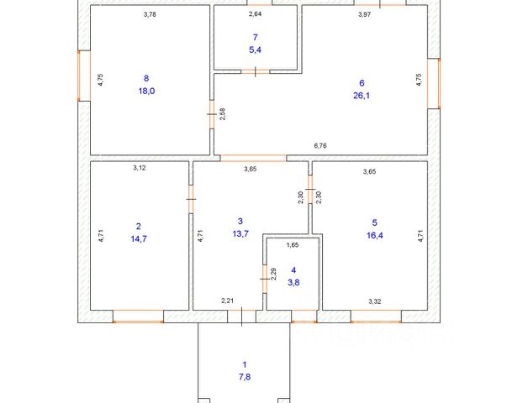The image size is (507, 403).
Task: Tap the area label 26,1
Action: pyautogui.click(x=361, y=96)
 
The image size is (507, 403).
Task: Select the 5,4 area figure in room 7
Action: pyautogui.click(x=255, y=50)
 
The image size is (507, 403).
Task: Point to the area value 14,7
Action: pyautogui.click(x=139, y=238)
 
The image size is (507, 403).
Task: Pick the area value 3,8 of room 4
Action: pyautogui.click(x=293, y=283)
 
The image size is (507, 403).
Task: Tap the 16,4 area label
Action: pyautogui.click(x=375, y=236)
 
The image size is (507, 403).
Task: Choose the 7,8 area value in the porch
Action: pyautogui.click(x=245, y=377)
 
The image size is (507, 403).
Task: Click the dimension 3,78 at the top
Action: pyautogui.click(x=151, y=14)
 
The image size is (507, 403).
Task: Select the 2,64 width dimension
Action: pyautogui.click(x=255, y=14)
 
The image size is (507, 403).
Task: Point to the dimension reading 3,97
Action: pyautogui.click(x=364, y=14)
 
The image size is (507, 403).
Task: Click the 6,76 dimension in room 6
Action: pyautogui.click(x=320, y=146)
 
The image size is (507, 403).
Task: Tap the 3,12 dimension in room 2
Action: pyautogui.click(x=140, y=168)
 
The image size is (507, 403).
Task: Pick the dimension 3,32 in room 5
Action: pyautogui.click(x=375, y=301)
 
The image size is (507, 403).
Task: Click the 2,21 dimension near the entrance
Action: pyautogui.click(x=227, y=301)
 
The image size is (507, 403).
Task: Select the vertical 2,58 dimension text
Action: pyautogui.click(x=222, y=115)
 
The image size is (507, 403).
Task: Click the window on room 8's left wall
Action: pyautogui.click(x=82, y=76)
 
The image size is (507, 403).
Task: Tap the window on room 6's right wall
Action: pyautogui.click(x=433, y=83)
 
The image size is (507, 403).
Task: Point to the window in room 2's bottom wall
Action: pyautogui.click(x=137, y=317)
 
